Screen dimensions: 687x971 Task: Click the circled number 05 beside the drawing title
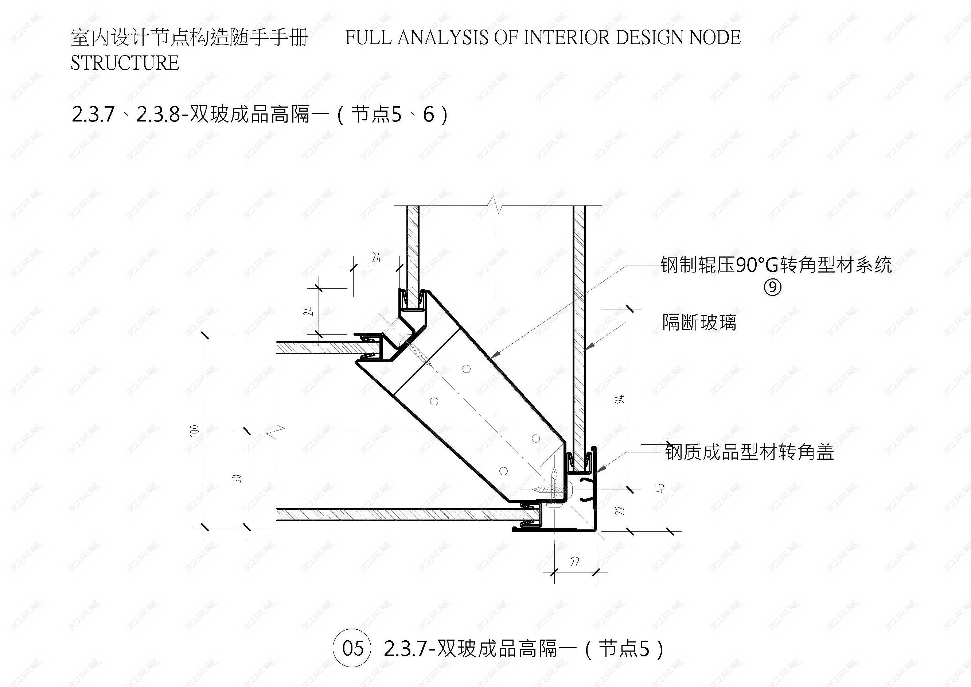click(352, 648)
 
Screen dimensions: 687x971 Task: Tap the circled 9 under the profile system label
click(772, 288)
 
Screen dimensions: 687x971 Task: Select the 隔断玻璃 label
click(699, 323)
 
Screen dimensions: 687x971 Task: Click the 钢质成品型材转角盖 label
click(749, 452)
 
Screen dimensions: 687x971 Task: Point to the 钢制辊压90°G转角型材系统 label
click(776, 265)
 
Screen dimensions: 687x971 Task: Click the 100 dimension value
click(195, 431)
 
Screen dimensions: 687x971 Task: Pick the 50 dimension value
click(238, 479)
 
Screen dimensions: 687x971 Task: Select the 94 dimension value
click(620, 399)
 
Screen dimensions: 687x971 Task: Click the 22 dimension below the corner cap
click(575, 562)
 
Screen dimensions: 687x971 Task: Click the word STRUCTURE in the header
click(125, 63)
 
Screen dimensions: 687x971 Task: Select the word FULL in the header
click(367, 37)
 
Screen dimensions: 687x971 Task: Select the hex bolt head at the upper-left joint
click(398, 329)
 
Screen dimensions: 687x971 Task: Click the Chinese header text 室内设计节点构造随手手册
click(190, 38)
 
